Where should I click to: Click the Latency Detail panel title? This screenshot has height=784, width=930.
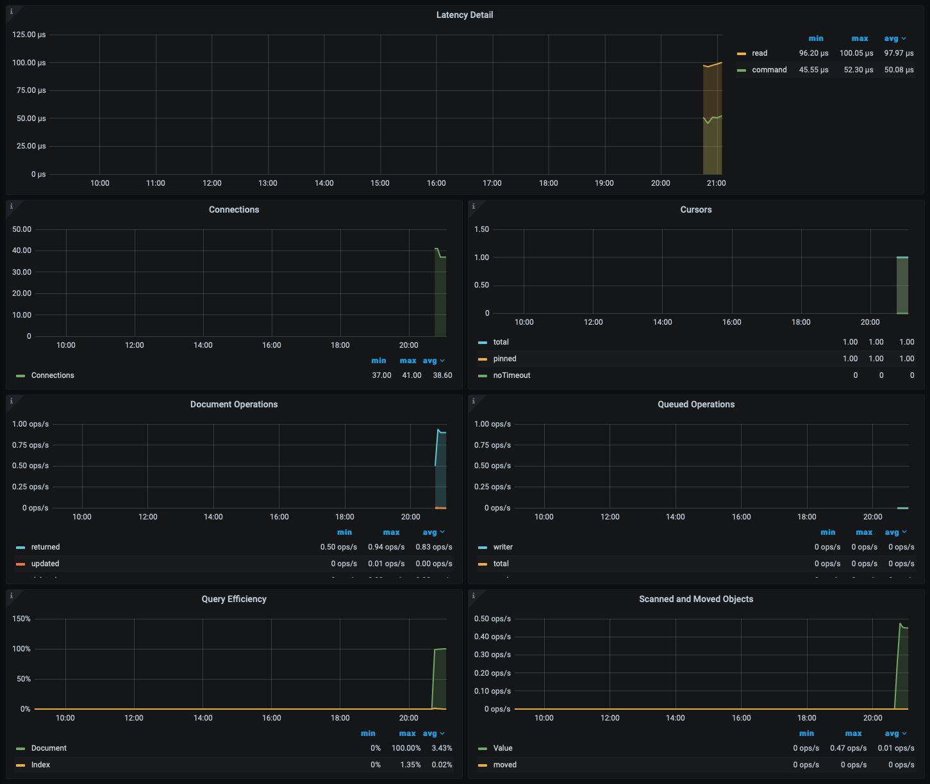pos(465,15)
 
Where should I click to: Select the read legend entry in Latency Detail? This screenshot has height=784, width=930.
pos(760,53)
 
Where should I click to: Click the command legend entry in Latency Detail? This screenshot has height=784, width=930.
pos(769,70)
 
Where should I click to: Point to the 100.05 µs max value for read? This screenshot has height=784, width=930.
pos(856,53)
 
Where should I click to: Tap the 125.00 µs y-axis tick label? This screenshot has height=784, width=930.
pos(29,35)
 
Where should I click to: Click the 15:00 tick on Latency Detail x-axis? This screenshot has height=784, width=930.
pos(380,183)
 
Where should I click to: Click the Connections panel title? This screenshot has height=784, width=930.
pos(234,209)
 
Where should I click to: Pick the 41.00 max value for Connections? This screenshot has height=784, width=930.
pos(411,375)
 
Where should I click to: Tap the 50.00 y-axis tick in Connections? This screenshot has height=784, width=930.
pos(22,229)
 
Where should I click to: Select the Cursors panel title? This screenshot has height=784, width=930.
pos(696,209)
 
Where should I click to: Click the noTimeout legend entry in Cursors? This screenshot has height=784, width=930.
pos(511,375)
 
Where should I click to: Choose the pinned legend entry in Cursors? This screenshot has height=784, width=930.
pos(504,359)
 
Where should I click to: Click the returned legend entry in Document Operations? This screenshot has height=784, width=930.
pos(46,547)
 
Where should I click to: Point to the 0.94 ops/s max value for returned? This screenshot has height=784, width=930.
pos(386,547)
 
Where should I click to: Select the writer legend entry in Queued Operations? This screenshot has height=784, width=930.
pos(503,547)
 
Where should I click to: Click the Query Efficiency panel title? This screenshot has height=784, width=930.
pos(234,599)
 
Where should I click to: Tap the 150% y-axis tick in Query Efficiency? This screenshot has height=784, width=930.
pos(21,619)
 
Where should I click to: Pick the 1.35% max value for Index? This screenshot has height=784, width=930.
pos(410,765)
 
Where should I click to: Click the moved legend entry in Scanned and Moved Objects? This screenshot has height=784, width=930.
pos(505,765)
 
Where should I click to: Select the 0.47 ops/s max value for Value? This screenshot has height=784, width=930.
pos(848,748)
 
